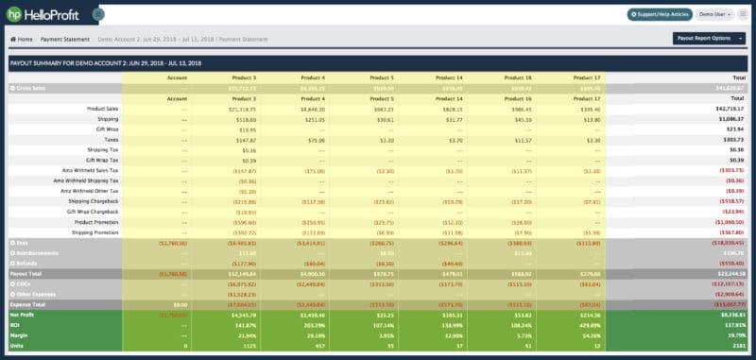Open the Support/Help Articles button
click(660, 14)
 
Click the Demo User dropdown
click(715, 14)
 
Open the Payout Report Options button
click(708, 39)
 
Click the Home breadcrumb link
click(22, 39)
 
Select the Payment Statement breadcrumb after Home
click(65, 39)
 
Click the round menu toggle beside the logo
click(98, 14)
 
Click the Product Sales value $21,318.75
click(241, 109)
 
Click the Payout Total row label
click(28, 272)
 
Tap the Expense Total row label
click(30, 302)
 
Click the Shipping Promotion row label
click(94, 231)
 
